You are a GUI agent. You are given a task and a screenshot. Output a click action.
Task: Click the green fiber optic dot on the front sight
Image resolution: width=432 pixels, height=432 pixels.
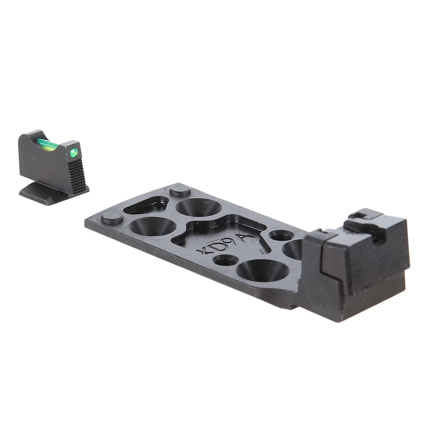(74, 152)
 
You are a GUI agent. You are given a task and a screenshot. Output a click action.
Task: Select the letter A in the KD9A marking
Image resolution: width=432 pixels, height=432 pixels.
(247, 235)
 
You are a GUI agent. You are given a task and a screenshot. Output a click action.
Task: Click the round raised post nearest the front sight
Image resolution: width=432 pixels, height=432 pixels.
(112, 217)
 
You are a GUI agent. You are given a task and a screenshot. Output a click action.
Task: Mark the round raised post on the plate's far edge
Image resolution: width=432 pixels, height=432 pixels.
(180, 190)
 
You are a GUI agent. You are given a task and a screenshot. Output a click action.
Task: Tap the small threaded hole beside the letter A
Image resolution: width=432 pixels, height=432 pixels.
(281, 235)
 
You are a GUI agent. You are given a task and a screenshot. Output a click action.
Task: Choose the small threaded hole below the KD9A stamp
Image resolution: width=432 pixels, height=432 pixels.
(226, 260)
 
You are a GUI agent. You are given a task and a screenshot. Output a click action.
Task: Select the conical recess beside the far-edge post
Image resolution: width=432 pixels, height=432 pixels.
(199, 207)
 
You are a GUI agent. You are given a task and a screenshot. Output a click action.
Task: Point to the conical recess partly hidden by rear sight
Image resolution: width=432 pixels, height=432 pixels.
(293, 249)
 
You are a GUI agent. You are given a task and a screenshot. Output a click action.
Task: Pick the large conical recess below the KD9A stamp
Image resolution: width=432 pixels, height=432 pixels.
(263, 270)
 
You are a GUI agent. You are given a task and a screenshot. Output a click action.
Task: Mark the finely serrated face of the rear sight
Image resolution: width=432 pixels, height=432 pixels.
(380, 255)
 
